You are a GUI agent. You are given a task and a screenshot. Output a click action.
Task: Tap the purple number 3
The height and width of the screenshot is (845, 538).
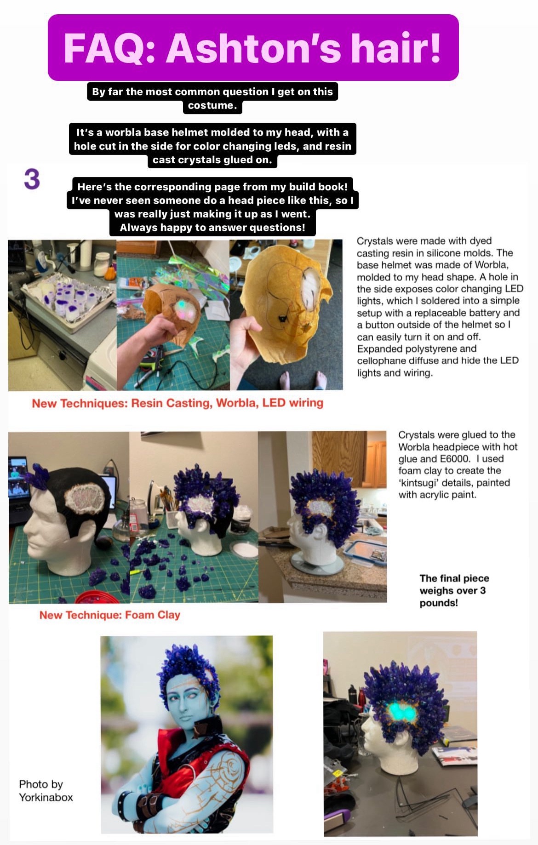click(x=32, y=179)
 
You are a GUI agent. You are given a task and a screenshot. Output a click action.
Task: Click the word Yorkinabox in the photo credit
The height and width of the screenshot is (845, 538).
click(x=46, y=797)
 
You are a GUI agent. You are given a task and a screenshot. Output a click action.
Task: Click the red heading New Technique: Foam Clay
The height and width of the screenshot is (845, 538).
click(x=110, y=615)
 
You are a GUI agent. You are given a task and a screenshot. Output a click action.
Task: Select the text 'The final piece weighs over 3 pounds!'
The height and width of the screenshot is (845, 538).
click(x=454, y=590)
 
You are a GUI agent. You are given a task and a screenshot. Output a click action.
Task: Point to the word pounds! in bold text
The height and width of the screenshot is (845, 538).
click(x=439, y=603)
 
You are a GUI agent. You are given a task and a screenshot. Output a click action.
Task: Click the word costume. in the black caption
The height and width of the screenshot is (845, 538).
click(x=212, y=105)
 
